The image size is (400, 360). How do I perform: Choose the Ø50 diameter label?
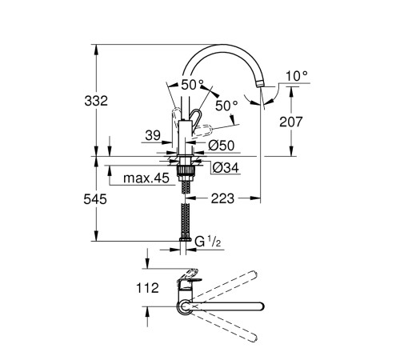coord(220,145)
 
